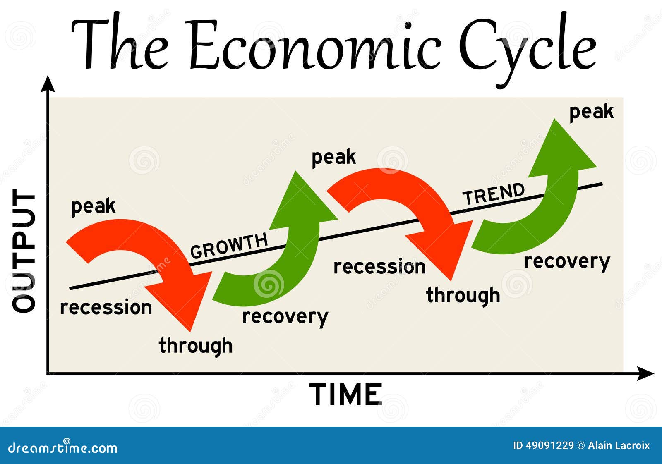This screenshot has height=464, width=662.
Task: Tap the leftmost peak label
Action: pos(93,206)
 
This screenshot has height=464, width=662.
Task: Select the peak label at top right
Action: pos(591,112)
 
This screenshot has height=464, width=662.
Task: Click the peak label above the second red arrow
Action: pos(333,158)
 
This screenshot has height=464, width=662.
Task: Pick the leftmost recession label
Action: pos(106,308)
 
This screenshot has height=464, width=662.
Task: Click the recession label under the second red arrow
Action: pos(379,267)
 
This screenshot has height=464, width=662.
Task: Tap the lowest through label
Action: pos(196,346)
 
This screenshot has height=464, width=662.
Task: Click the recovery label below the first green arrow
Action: pos(285,317)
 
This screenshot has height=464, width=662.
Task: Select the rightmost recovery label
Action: pos(567,262)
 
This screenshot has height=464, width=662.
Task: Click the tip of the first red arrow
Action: pos(191,330)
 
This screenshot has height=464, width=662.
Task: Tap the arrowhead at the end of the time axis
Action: pos(650,373)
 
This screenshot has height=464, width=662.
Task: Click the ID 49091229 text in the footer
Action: pos(543,445)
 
